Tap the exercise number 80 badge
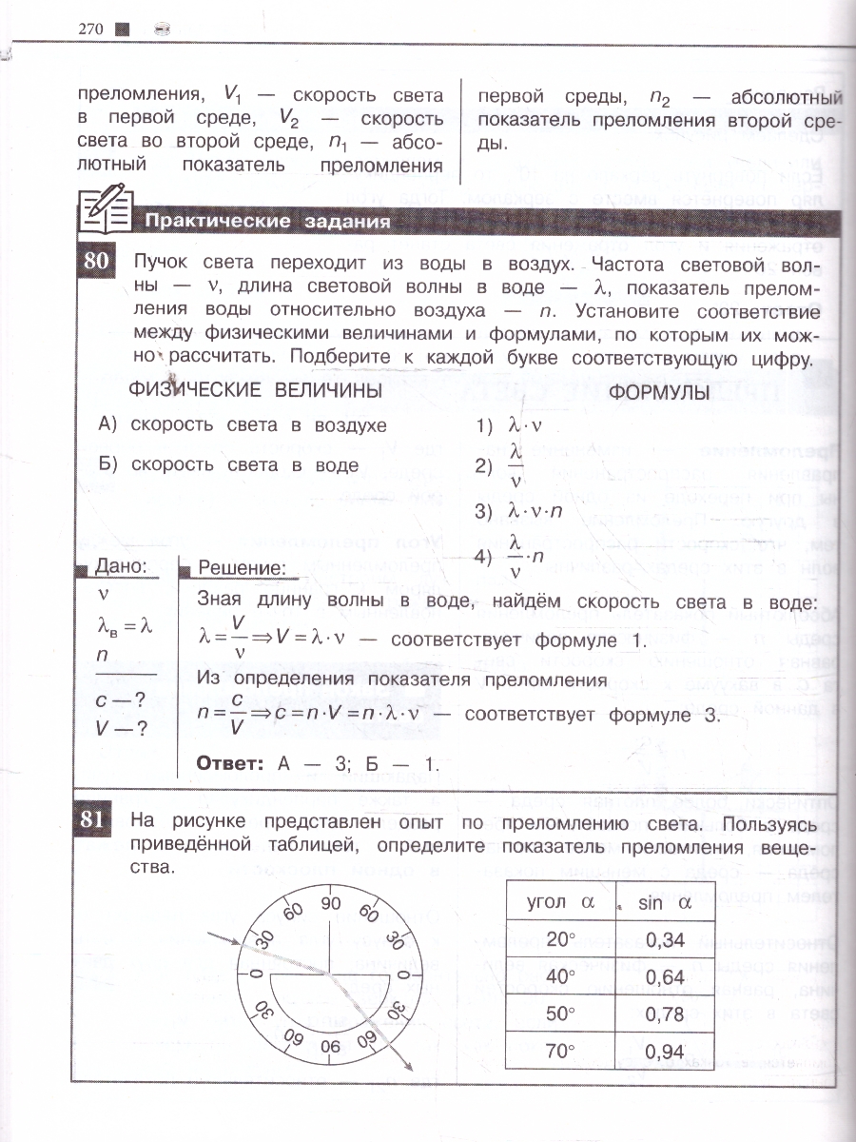tap(96, 262)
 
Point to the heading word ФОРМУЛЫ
tap(659, 392)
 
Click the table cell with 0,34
tap(665, 940)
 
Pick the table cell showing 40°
tap(561, 977)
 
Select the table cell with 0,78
tap(665, 1014)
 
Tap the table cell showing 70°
tap(561, 1052)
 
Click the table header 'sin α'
tap(665, 903)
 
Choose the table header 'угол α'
tap(561, 903)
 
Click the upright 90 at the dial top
tap(330, 904)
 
